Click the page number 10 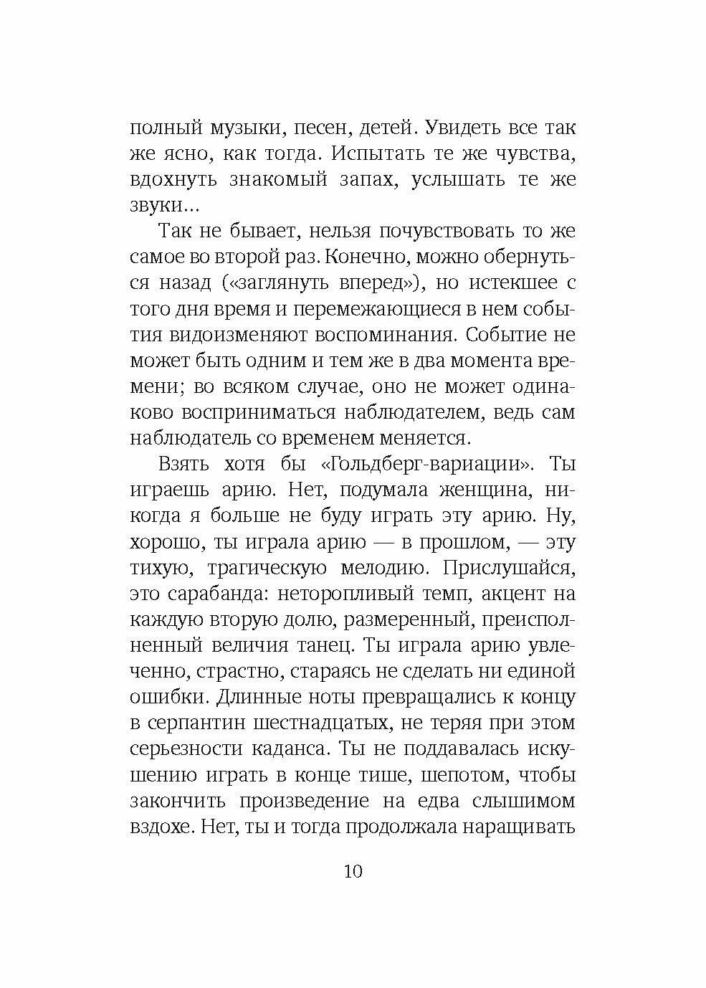(353, 872)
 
